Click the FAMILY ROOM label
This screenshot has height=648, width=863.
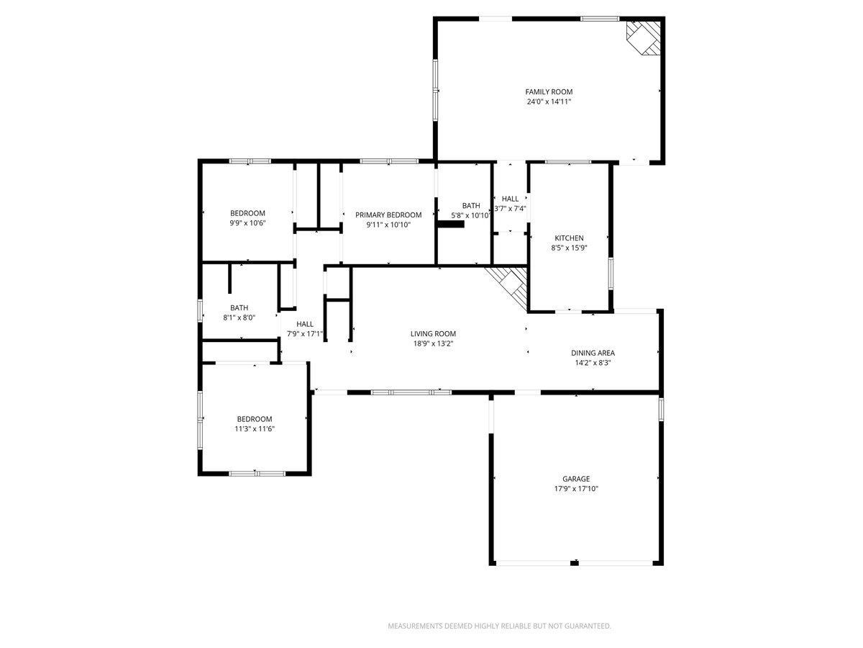point(549,91)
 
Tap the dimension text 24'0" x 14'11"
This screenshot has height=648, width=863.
point(549,102)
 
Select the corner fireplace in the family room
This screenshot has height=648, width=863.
point(644,36)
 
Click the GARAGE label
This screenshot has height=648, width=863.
point(576,479)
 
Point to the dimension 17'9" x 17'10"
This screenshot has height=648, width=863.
point(576,489)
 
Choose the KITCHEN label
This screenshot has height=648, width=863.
point(569,238)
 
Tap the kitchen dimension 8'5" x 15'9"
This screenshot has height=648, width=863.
point(569,248)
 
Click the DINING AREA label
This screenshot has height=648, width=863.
point(593,353)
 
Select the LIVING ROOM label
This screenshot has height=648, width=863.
point(433,333)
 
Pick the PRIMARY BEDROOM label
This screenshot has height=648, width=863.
point(388,215)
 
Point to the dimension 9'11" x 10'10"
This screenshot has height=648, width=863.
point(388,225)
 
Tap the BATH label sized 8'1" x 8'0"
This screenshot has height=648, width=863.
point(239,307)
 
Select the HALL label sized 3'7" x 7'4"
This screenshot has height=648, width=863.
point(510,199)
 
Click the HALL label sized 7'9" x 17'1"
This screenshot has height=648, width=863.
point(305,324)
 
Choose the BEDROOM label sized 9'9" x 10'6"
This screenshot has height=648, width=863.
point(247,213)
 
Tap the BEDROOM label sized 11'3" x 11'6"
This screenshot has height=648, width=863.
point(255,419)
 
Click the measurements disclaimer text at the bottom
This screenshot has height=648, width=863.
point(500,626)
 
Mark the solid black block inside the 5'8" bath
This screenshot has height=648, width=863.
point(451,224)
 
